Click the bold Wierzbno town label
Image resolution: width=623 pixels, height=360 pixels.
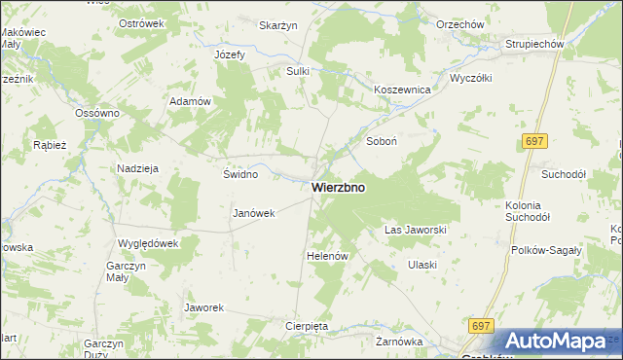[x=339, y=188]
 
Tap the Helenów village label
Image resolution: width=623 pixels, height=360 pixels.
[x=327, y=255]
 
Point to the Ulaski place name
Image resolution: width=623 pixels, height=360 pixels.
[x=421, y=265]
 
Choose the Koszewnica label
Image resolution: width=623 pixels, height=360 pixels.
[x=402, y=89]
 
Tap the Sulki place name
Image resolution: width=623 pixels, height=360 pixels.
[x=297, y=71]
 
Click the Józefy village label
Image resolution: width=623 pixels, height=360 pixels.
[x=230, y=54]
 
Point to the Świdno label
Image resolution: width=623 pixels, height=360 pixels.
[x=240, y=175]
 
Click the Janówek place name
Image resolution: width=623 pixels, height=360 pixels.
[x=255, y=213]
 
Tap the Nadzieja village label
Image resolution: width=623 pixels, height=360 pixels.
[x=137, y=168]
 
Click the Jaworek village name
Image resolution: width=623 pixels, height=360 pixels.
[x=204, y=307]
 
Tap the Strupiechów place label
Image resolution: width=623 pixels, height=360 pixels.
[x=535, y=45]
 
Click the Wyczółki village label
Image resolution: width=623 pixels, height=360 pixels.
[x=471, y=78]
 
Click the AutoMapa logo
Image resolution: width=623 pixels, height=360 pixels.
[x=555, y=342]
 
